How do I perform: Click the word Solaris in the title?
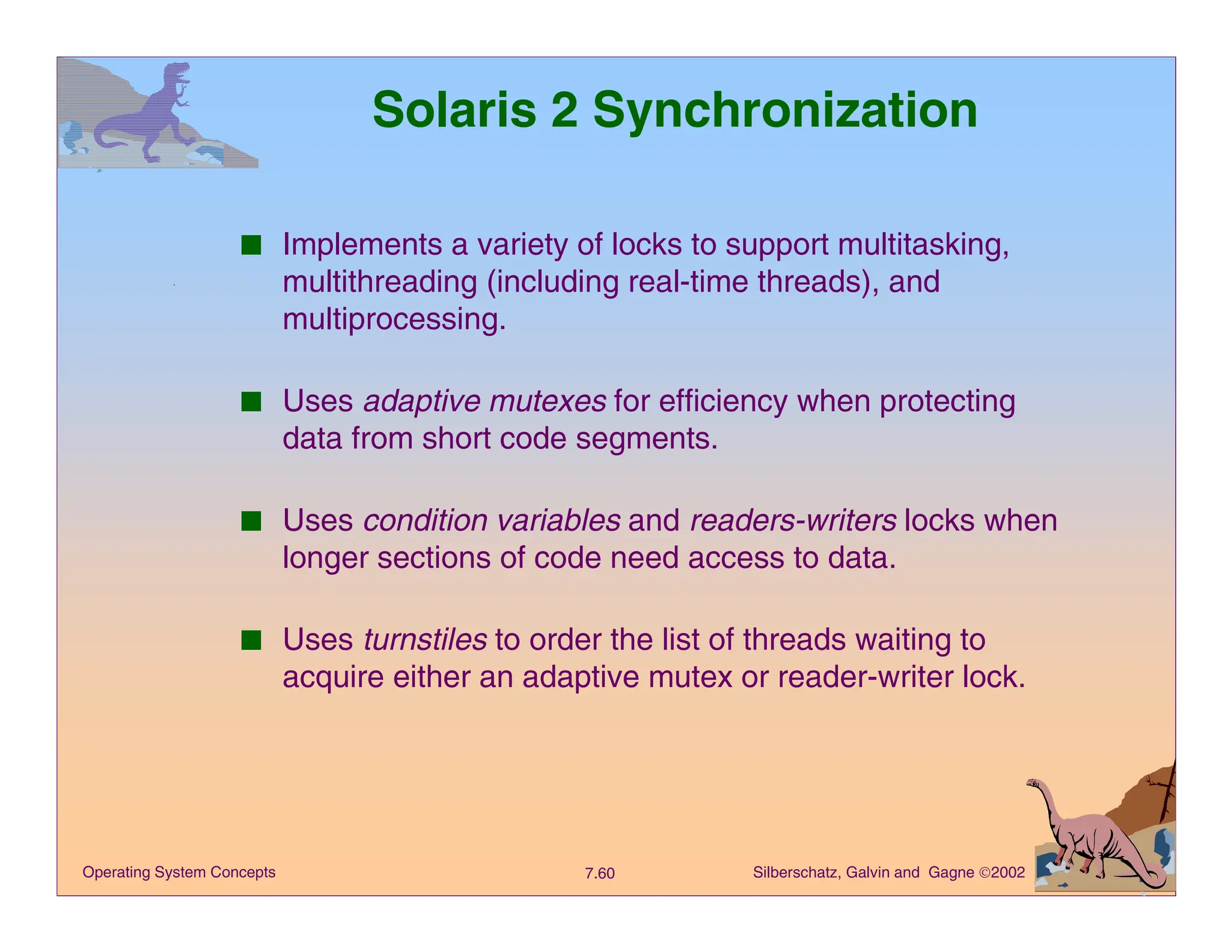click(454, 110)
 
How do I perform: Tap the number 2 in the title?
click(564, 110)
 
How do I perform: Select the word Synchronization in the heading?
click(784, 111)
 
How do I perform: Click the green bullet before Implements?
click(251, 245)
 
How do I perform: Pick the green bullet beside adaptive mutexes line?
click(251, 402)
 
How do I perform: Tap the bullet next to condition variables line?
click(251, 521)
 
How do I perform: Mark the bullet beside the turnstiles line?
click(251, 640)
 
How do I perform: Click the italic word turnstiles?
click(425, 640)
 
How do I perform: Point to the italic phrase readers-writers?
click(793, 521)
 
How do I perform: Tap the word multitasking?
click(923, 245)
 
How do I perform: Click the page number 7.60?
click(599, 873)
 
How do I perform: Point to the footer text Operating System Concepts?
click(179, 872)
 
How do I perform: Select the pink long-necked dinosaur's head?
click(1033, 783)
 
